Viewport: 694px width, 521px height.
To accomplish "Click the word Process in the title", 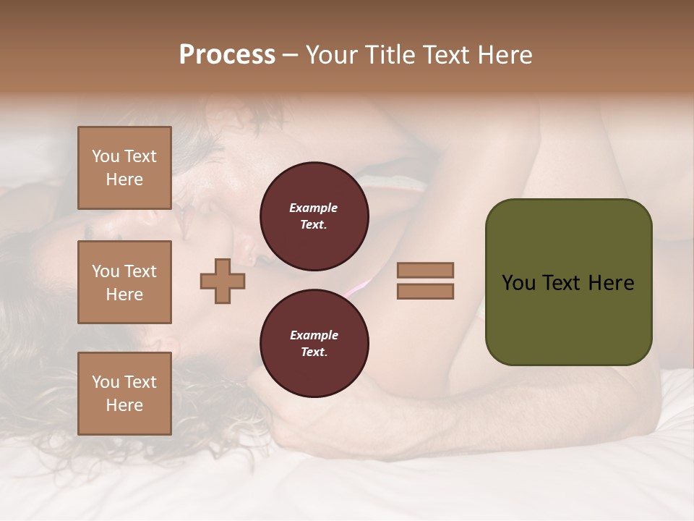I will coord(227,55).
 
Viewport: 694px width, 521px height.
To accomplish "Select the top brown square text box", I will coord(124,168).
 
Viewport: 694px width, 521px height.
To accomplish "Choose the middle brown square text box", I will coord(124,282).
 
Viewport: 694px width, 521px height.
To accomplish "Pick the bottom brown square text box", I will coord(124,394).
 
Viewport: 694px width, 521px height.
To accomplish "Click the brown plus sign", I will coord(223,281).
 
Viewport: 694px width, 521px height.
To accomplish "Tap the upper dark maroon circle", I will coord(314,216).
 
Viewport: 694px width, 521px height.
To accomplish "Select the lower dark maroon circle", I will coord(314,344).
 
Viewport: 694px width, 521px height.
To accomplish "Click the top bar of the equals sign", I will coord(425,270).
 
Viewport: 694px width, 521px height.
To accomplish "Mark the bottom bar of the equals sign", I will coord(425,292).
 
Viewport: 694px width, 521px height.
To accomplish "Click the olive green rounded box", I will coord(568,282).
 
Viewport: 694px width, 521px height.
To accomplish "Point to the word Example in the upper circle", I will coord(314,208).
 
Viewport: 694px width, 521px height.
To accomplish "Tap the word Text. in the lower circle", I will coord(314,352).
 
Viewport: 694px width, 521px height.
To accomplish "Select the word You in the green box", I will coord(518,283).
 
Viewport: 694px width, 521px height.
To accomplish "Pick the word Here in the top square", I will coord(124,179).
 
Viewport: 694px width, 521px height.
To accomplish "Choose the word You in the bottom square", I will coord(106,382).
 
